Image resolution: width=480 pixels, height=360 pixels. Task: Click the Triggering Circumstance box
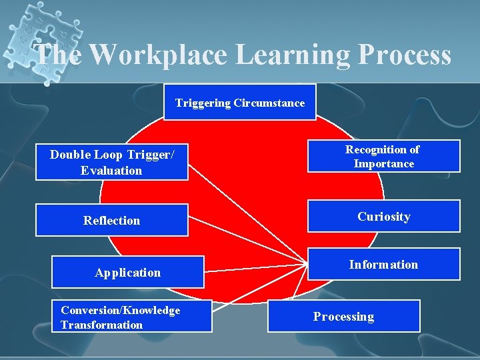click(x=240, y=102)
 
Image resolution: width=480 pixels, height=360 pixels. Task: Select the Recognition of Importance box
click(x=383, y=157)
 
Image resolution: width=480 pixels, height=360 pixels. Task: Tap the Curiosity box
click(x=383, y=216)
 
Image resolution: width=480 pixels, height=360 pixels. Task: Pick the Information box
click(x=383, y=265)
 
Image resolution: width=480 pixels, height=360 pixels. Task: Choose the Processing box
click(x=343, y=316)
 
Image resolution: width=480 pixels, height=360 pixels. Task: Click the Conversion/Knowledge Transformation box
click(x=131, y=317)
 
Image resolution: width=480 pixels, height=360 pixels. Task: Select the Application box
click(x=127, y=272)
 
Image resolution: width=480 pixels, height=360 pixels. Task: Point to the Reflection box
click(x=111, y=220)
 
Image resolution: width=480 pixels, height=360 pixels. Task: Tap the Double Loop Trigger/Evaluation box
click(x=111, y=163)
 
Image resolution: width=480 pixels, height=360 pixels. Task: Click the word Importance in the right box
click(x=383, y=164)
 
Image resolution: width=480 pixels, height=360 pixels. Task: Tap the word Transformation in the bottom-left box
click(x=101, y=325)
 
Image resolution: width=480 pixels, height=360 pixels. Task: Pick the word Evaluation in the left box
click(x=111, y=171)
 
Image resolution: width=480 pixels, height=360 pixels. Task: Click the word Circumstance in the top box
click(x=269, y=103)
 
